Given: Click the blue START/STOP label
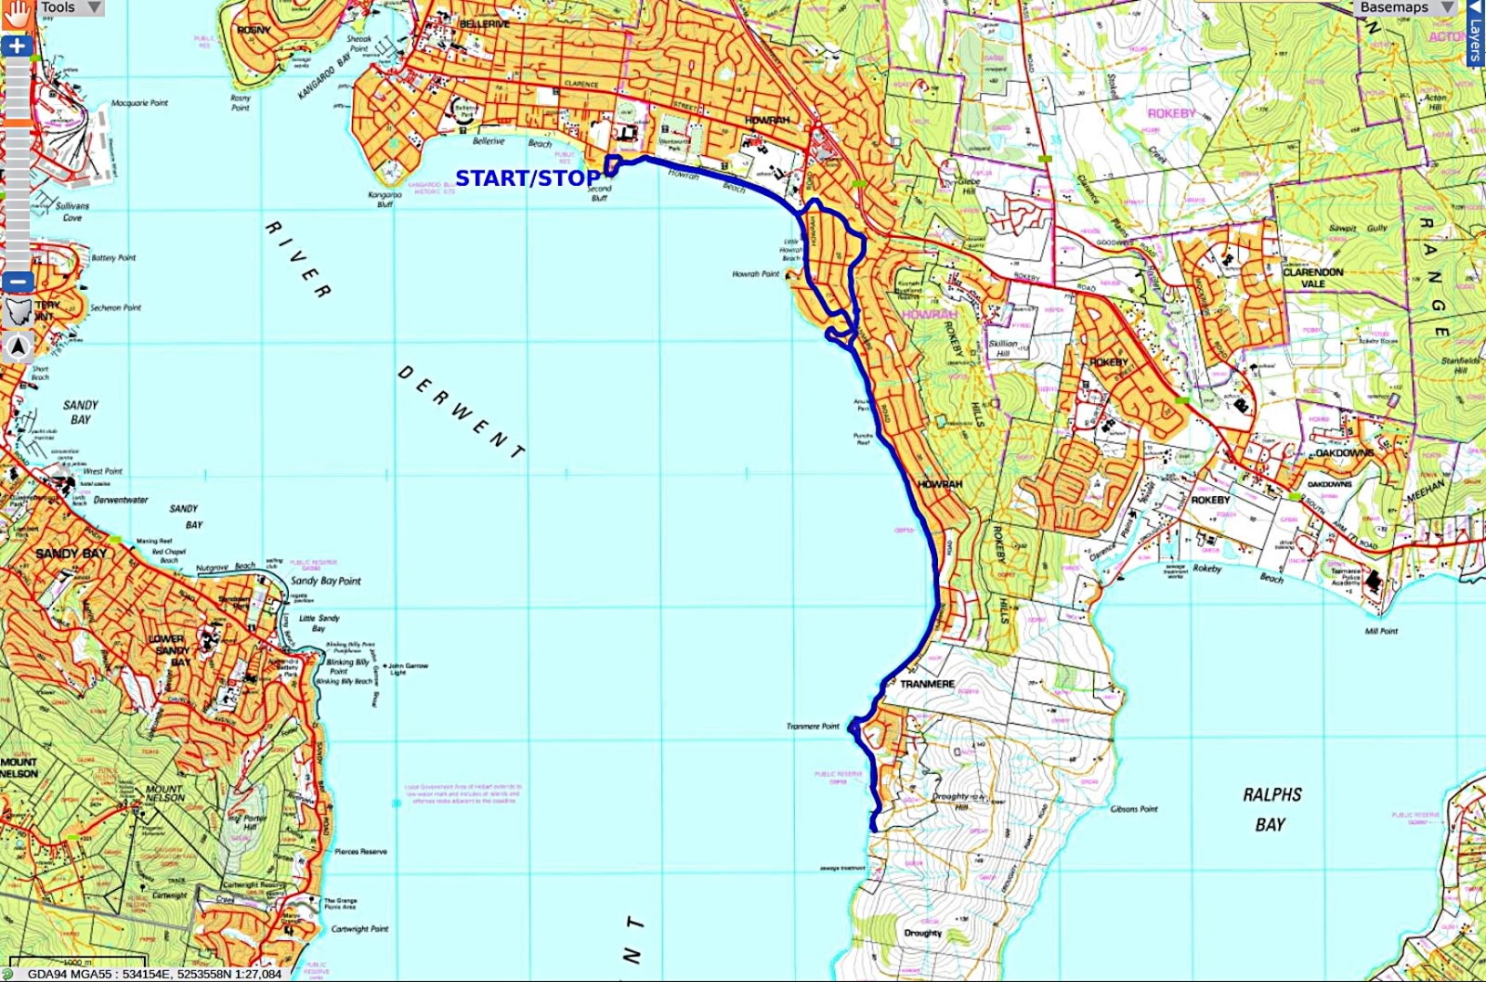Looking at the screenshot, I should [x=527, y=178].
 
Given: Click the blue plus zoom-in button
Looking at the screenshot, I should [x=17, y=46].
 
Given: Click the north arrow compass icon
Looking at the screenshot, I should [x=18, y=348].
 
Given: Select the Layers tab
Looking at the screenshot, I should [x=1476, y=33].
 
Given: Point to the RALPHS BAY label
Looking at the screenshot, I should [x=1271, y=809].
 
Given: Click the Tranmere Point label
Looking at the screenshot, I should [x=813, y=727].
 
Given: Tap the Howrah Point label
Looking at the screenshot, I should [x=756, y=275].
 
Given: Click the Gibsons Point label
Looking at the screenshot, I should [x=1134, y=809].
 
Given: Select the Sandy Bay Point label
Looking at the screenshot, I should [x=325, y=581].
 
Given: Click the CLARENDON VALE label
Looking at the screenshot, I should [x=1312, y=278].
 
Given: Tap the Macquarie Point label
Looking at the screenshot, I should [x=139, y=103].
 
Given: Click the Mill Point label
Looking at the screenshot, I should [x=1381, y=631].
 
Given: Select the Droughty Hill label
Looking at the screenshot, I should [x=951, y=802].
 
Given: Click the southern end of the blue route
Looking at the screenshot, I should [x=874, y=828].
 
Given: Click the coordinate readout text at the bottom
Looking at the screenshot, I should [x=154, y=975].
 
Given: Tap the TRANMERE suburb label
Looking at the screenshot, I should [x=927, y=684].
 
